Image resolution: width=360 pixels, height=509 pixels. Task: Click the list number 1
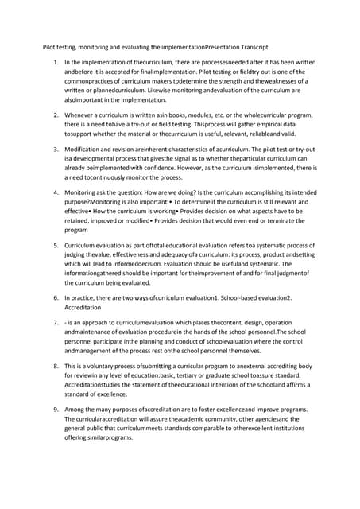55,61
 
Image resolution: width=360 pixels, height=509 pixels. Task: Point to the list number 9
55,409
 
